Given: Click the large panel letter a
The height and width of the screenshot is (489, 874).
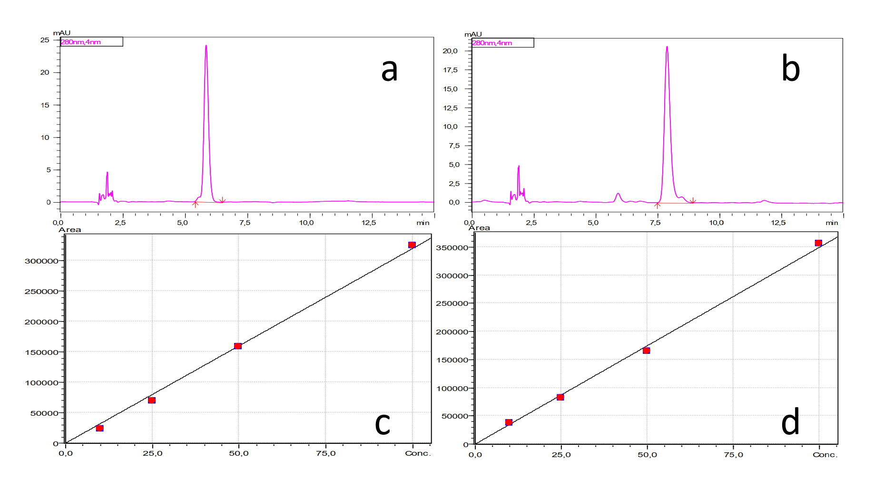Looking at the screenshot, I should coord(389,70).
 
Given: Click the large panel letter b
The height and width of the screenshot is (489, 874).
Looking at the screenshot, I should coord(790,69).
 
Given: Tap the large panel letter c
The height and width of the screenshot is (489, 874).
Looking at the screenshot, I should coord(383,423).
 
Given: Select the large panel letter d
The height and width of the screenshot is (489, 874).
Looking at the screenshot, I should coord(790,422).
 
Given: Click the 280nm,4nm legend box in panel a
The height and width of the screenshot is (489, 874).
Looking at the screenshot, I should coord(91,42).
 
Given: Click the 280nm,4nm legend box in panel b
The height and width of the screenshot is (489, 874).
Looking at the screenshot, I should coord(502,43).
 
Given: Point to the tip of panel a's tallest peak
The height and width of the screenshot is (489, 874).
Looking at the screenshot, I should coord(206,46).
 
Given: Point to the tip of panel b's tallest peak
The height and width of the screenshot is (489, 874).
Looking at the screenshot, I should coord(667,47).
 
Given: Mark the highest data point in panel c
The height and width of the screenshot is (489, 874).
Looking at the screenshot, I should coord(412,245).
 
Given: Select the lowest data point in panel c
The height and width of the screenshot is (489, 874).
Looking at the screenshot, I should coord(99,428).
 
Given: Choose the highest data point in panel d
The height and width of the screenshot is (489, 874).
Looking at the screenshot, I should coord(818,243).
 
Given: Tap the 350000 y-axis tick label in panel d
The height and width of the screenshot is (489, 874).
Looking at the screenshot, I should coord(452,248).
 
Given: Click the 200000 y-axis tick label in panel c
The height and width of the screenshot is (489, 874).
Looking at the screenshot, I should coord(41,322).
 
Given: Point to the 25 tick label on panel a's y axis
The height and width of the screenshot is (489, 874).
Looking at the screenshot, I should coord(45,40).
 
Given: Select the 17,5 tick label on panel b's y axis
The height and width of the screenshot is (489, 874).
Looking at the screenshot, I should coord(450,70).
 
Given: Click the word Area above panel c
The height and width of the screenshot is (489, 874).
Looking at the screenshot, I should coord(70,230).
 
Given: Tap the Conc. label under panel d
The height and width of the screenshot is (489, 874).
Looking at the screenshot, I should coord(825,455).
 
